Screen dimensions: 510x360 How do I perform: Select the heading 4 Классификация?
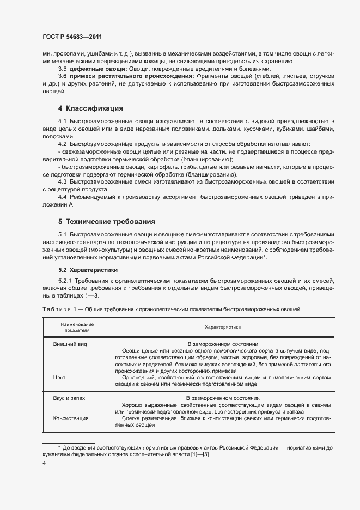point(90,108)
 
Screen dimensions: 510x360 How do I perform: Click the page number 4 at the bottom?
point(44,463)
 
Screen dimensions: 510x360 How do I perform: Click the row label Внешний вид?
point(70,344)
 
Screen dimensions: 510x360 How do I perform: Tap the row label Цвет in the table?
point(59,377)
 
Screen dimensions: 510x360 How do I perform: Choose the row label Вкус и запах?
point(69,398)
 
